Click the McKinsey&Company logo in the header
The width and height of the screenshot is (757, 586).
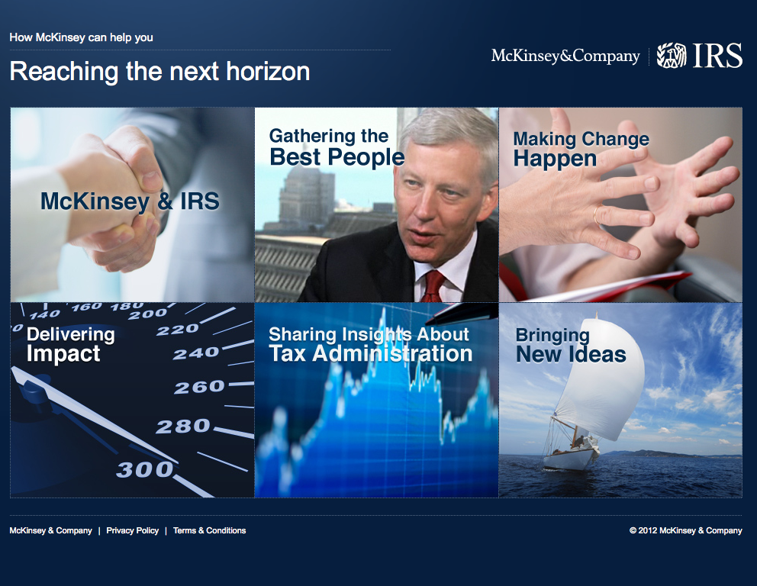(x=565, y=56)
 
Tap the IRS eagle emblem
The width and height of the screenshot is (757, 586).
(x=672, y=56)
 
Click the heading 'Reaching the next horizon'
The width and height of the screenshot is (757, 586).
(x=159, y=72)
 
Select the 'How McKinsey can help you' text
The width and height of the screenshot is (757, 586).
(x=81, y=37)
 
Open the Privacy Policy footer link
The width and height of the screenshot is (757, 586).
(x=132, y=530)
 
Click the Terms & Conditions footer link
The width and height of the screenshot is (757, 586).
(x=210, y=530)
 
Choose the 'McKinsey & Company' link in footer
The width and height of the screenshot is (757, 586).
(x=50, y=530)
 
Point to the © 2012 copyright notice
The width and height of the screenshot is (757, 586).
(x=685, y=530)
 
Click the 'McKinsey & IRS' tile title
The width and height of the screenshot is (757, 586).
(x=130, y=201)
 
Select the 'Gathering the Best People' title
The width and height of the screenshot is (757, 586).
(x=337, y=147)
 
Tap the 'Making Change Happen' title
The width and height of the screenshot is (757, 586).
(x=581, y=149)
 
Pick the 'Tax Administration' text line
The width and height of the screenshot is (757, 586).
(x=370, y=354)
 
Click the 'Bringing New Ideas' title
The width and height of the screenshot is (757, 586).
(x=571, y=345)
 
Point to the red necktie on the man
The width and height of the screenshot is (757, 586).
(x=433, y=287)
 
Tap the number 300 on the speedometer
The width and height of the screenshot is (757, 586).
(x=145, y=470)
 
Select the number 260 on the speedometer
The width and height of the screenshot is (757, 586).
(x=199, y=387)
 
